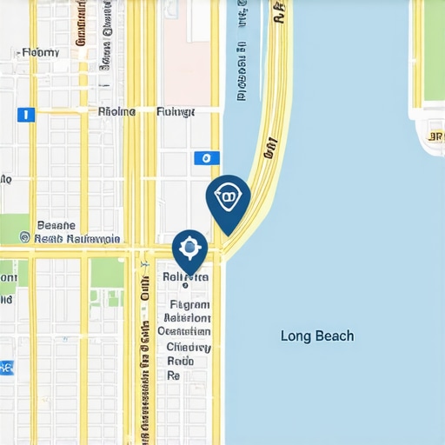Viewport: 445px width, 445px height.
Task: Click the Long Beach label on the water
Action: click(x=317, y=335)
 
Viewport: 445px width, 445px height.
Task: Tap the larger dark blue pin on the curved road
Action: click(x=228, y=200)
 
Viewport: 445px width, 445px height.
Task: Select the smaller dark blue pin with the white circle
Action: click(x=189, y=249)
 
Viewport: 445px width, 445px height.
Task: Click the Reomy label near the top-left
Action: click(x=41, y=52)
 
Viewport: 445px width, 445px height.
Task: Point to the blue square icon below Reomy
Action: click(x=26, y=114)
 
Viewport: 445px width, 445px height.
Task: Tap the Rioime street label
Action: click(x=117, y=111)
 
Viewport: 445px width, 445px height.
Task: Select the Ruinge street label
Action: click(x=176, y=111)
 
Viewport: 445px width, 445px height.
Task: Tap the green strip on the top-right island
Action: click(x=417, y=52)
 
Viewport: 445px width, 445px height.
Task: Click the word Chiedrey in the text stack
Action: click(x=189, y=347)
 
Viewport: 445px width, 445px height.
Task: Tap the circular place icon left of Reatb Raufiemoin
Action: click(x=24, y=236)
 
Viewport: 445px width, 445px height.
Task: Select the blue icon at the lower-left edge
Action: click(x=6, y=368)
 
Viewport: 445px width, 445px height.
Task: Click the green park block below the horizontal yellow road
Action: click(x=107, y=273)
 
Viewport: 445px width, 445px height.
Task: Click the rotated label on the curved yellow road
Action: click(x=269, y=148)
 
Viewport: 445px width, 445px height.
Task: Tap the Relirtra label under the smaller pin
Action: click(x=186, y=277)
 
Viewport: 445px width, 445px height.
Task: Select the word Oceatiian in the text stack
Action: click(x=187, y=332)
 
